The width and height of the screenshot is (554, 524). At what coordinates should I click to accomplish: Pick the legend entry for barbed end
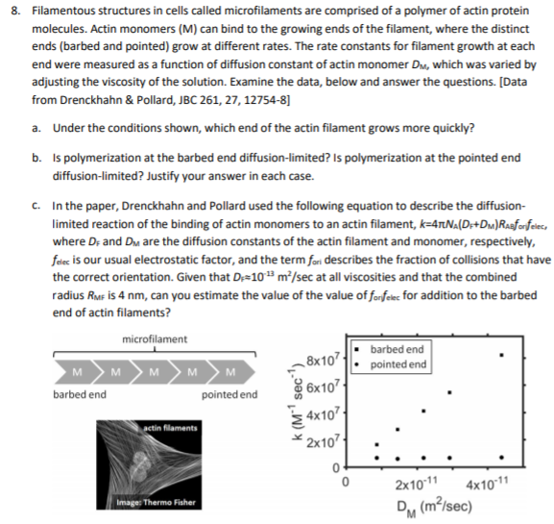[x=397, y=348]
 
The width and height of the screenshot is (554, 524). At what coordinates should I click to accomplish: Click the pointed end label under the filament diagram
[x=229, y=393]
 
